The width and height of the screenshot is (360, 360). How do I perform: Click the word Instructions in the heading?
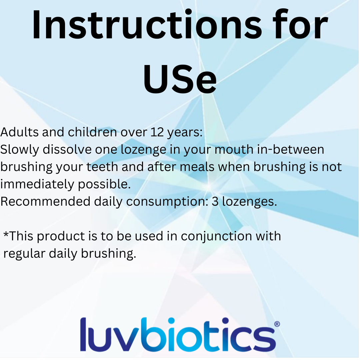147,24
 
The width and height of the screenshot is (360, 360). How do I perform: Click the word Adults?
20,132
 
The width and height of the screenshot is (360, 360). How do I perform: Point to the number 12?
157,132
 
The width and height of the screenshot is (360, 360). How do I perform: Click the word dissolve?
67,149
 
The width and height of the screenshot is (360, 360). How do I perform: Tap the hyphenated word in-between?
290,149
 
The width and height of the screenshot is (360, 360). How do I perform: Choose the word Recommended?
45,201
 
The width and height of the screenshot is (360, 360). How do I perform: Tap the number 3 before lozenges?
215,201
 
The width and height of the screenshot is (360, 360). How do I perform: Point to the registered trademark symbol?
277,324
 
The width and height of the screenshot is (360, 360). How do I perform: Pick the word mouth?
234,149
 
